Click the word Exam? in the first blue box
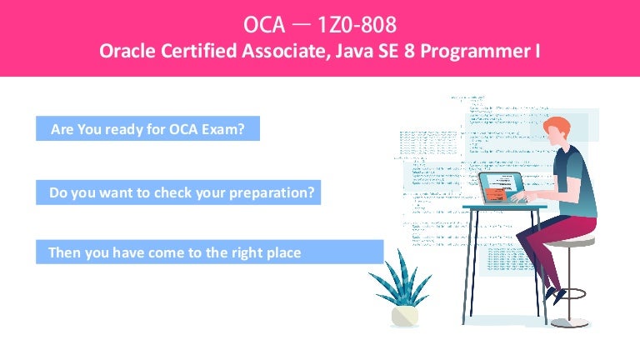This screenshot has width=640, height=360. [227, 130]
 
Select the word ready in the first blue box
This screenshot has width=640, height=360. [132, 130]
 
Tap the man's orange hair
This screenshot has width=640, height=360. [556, 129]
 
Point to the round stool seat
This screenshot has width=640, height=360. [576, 241]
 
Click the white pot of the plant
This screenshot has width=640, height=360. [406, 315]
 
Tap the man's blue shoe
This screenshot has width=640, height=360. [553, 294]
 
